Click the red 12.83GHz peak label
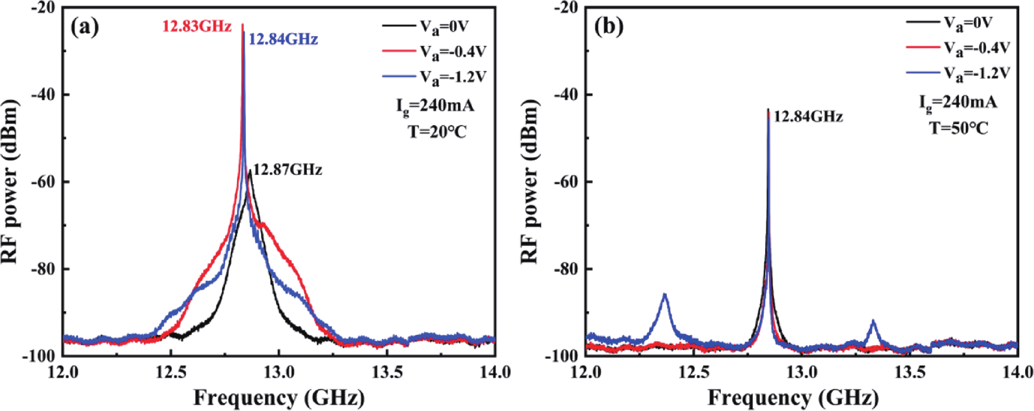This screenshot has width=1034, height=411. point(197,27)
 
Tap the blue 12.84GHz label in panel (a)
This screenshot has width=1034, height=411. point(283,39)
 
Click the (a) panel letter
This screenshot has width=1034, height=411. point(84,28)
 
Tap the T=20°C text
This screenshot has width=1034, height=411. point(437,132)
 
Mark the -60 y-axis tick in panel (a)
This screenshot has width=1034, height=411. point(42,182)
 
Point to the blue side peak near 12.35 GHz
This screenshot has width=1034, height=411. point(664,297)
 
